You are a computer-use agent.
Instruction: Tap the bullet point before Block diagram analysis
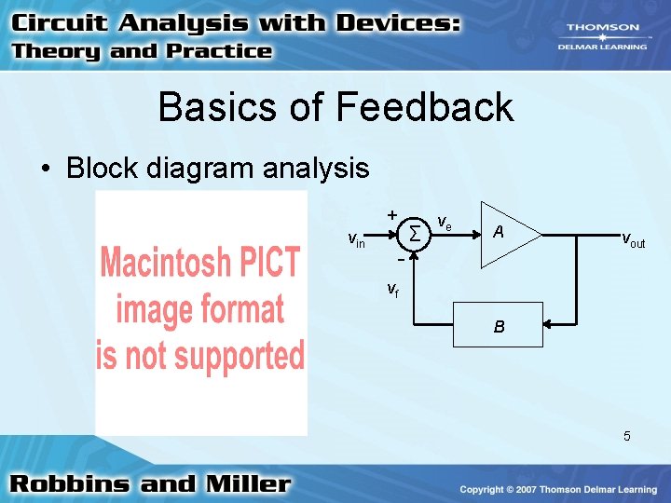click(x=44, y=170)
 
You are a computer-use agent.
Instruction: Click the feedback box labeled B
click(x=499, y=326)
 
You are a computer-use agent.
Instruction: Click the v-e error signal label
click(x=445, y=224)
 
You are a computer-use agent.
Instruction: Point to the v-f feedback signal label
click(x=393, y=290)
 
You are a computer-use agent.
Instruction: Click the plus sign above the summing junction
click(x=392, y=213)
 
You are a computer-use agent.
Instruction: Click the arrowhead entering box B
click(x=550, y=325)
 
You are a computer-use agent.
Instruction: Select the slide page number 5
click(x=627, y=436)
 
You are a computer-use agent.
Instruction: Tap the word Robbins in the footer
click(x=70, y=484)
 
